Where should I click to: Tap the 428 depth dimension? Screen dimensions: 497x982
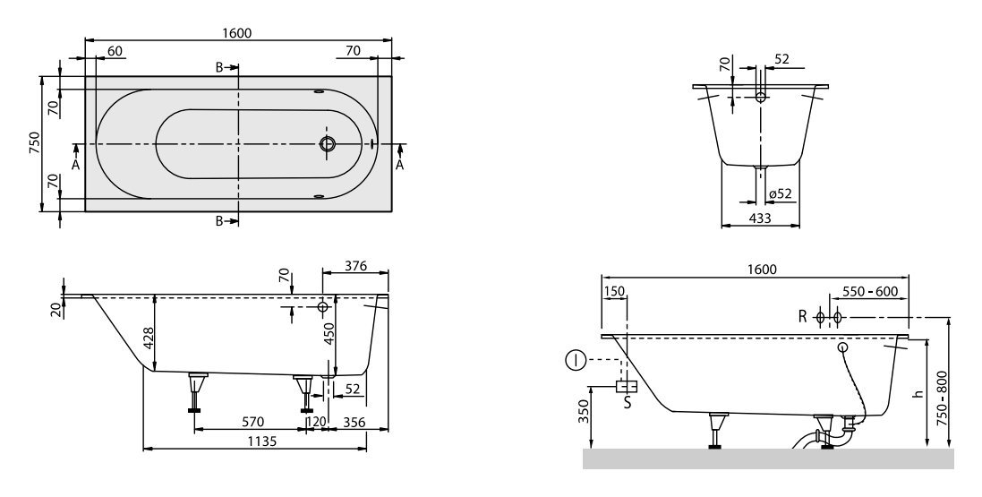[x=149, y=336]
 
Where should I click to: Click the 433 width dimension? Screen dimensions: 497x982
[x=760, y=217]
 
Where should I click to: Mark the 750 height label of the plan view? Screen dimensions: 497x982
[x=34, y=144]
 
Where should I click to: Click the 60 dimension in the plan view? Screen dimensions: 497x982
[x=115, y=51]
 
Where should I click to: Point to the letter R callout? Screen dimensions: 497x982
[x=803, y=317]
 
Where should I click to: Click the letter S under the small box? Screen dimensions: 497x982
[x=627, y=403]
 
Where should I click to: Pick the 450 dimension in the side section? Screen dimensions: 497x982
[x=328, y=333]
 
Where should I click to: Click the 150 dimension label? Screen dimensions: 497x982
[x=614, y=292]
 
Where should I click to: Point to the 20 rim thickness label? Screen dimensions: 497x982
[x=56, y=309]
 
